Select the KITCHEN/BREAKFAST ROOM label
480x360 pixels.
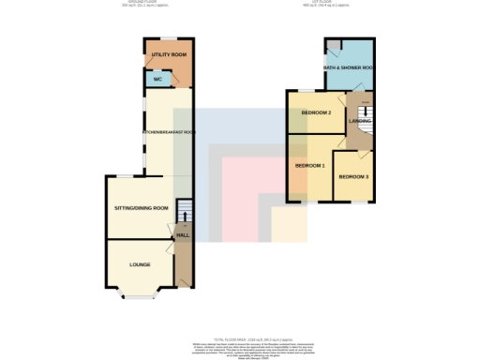[169, 133]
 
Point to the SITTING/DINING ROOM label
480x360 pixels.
[141, 207]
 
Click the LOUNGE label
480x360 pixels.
[140, 265]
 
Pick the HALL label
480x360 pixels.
[183, 234]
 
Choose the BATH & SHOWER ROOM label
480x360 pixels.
[351, 69]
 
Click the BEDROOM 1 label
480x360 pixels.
[310, 166]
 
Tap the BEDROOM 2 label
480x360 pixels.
[316, 113]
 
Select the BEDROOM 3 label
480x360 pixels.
[353, 177]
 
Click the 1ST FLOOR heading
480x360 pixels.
[337, 3]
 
